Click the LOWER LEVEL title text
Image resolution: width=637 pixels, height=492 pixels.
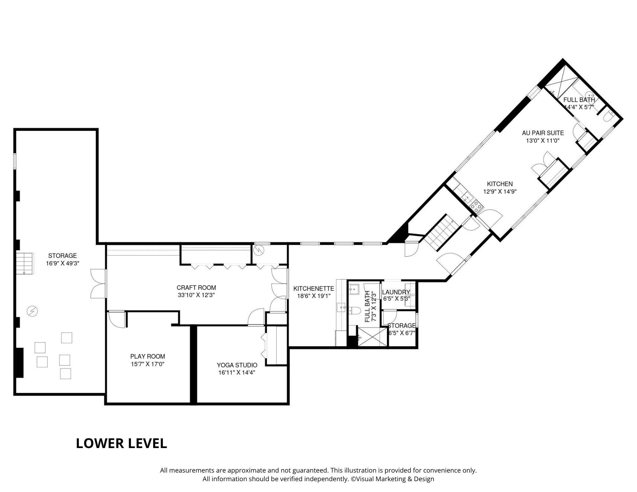(121, 443)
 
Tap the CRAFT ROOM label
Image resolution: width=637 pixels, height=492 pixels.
(196, 288)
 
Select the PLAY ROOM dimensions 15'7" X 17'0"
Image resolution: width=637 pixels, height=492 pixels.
(147, 364)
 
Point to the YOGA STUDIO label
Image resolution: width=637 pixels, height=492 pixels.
(237, 365)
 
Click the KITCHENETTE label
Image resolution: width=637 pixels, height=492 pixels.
(314, 289)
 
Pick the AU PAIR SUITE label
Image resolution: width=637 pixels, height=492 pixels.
(543, 133)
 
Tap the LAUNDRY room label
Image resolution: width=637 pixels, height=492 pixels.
(396, 292)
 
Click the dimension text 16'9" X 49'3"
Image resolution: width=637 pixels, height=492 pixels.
(62, 263)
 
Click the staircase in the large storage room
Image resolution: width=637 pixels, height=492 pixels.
(25, 263)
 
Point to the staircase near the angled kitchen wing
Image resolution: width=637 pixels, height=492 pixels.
(441, 232)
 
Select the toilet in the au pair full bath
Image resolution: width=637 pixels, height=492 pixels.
(607, 116)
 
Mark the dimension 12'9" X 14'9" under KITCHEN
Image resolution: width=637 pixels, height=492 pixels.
(500, 192)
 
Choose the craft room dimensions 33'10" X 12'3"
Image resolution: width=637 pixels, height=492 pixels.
(196, 295)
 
